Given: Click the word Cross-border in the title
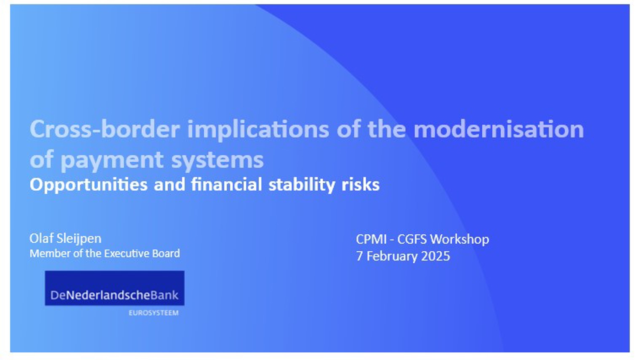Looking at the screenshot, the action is [105, 129].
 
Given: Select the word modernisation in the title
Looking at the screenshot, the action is [499, 129].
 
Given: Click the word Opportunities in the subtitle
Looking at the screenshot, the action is [89, 185].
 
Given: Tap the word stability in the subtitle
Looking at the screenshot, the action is [301, 185].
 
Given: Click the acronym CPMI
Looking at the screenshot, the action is [371, 239].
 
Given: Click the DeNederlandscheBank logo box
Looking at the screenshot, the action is [115, 288].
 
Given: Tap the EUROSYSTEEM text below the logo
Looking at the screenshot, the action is [154, 313].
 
